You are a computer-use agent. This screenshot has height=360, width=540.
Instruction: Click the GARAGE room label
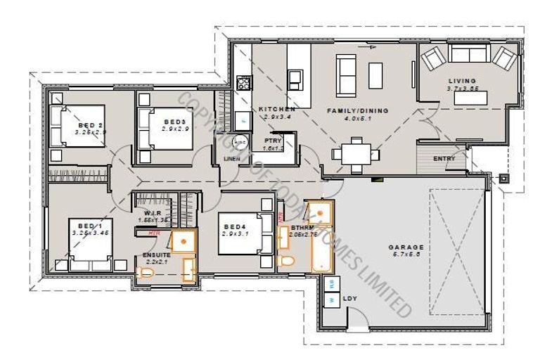tap(407, 247)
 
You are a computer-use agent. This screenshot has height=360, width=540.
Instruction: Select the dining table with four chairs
tap(355, 153)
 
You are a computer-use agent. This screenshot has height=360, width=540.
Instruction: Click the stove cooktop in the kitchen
tap(244, 84)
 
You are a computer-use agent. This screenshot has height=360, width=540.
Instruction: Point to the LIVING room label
tap(462, 81)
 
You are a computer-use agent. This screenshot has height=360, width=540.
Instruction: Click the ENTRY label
tap(444, 159)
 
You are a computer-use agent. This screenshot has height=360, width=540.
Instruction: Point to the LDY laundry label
tap(349, 299)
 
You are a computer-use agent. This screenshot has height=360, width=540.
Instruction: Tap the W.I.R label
tap(154, 213)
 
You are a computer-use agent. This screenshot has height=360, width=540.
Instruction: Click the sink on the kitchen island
tap(295, 76)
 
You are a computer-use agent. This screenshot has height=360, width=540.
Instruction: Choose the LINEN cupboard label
tap(232, 159)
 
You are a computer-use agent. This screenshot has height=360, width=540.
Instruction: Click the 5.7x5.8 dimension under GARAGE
tap(407, 257)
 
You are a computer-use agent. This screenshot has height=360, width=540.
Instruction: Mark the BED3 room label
tap(174, 122)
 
